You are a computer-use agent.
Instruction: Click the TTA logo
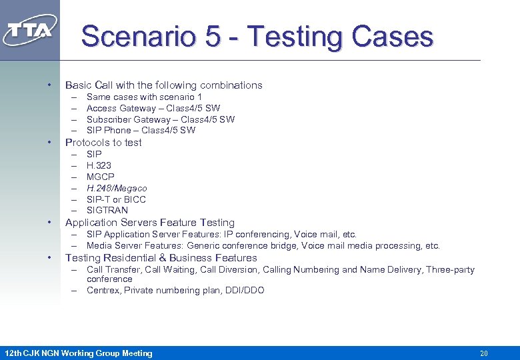[x=30, y=30]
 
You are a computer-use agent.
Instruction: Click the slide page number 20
[x=484, y=353]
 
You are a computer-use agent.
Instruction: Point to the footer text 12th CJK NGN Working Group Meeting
[x=79, y=353]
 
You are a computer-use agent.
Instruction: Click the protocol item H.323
[x=99, y=165]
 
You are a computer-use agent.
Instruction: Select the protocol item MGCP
[x=100, y=177]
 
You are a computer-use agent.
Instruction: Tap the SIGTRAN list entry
[x=107, y=210]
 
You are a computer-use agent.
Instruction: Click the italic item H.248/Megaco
[x=117, y=188]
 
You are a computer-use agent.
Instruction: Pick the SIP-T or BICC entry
[x=116, y=199]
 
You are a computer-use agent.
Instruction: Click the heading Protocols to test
[x=103, y=143]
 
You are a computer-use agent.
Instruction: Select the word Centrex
[x=102, y=291]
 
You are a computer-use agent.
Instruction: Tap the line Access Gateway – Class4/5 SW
[x=153, y=108]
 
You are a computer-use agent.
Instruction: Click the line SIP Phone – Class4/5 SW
[x=141, y=130]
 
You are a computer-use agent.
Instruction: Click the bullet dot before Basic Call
[x=49, y=85]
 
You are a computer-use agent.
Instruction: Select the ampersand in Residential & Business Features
[x=163, y=258]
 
